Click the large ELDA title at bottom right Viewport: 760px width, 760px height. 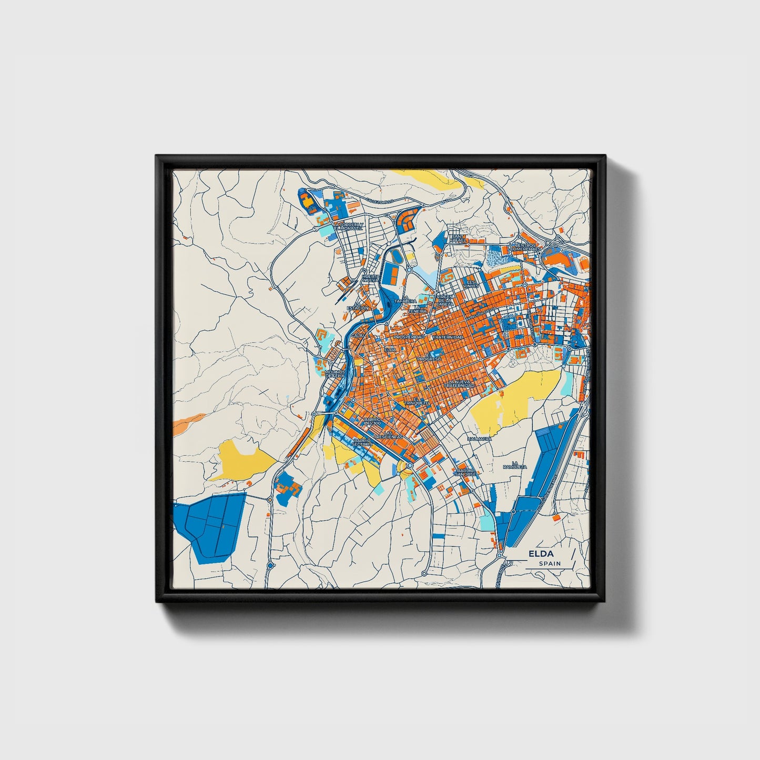tap(541, 554)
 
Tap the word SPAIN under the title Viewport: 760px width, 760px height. tap(550, 564)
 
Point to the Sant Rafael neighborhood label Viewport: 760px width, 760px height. tap(458, 239)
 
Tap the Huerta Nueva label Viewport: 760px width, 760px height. tap(370, 278)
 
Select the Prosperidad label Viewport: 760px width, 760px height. tap(409, 337)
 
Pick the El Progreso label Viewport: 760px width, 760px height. tap(429, 357)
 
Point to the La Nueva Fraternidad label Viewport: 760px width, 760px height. tap(459, 383)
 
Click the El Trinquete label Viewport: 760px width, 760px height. tap(416, 401)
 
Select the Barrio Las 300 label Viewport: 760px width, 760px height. tap(372, 421)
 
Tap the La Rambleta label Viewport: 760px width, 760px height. tap(514, 465)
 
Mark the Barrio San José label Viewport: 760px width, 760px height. tap(466, 472)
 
